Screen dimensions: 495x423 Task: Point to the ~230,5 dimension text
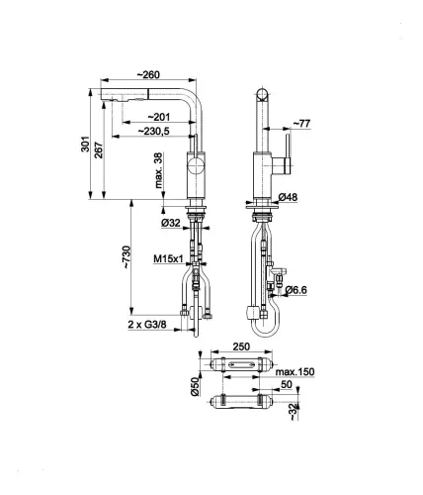154,131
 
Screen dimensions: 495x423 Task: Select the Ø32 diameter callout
169,223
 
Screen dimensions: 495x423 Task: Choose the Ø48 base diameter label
288,198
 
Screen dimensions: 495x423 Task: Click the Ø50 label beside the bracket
195,383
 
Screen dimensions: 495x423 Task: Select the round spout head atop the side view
262,95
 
